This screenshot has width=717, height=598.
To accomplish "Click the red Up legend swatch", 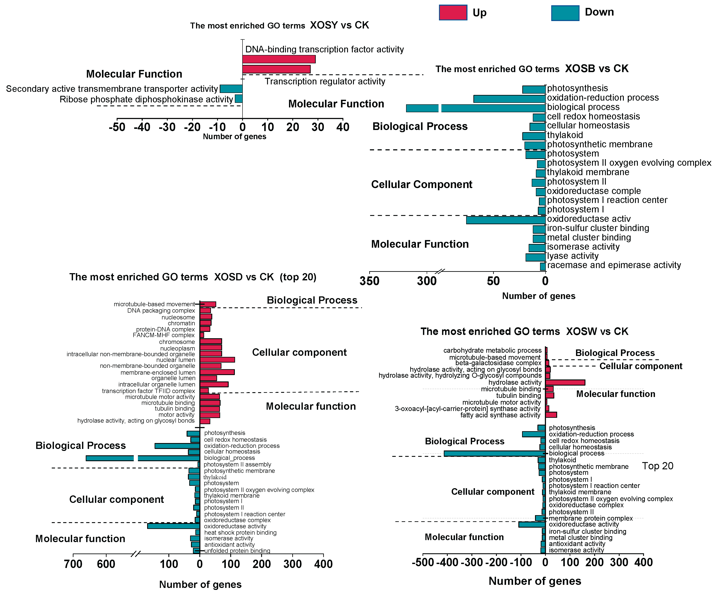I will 453,13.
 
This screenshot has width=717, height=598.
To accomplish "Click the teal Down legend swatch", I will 565,13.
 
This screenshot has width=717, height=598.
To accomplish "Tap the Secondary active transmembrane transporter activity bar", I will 231,89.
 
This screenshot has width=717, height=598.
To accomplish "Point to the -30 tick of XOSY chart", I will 167,127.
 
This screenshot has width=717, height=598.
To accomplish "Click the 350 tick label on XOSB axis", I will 369,281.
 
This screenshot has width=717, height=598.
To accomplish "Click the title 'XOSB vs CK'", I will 596,69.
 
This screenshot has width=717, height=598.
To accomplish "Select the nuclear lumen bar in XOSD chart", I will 217,360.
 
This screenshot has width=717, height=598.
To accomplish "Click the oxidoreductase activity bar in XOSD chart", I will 173,526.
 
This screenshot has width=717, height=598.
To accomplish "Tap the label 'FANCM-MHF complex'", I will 164,335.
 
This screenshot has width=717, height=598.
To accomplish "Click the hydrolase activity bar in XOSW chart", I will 565,383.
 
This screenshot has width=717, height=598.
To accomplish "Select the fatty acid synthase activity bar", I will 551,415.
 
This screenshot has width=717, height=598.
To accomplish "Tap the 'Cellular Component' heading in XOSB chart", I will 421,185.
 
